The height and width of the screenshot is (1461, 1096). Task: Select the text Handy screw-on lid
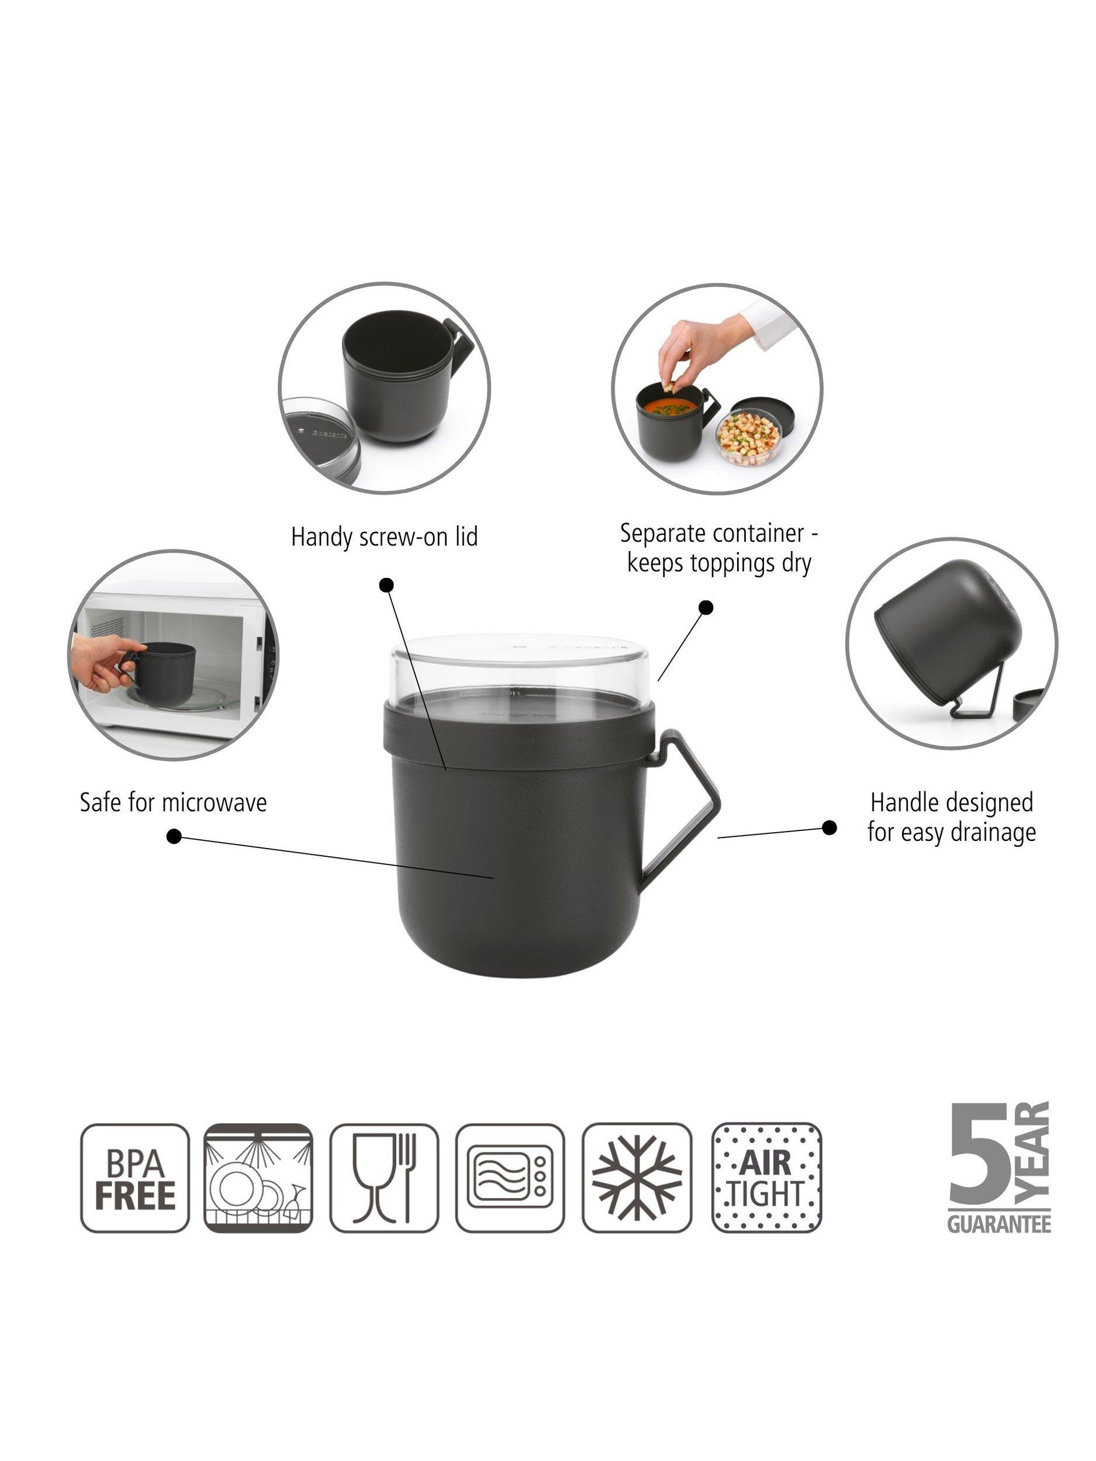point(385,537)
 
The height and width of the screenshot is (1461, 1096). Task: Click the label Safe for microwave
point(173,802)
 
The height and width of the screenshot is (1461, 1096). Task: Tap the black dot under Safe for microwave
point(174,837)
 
